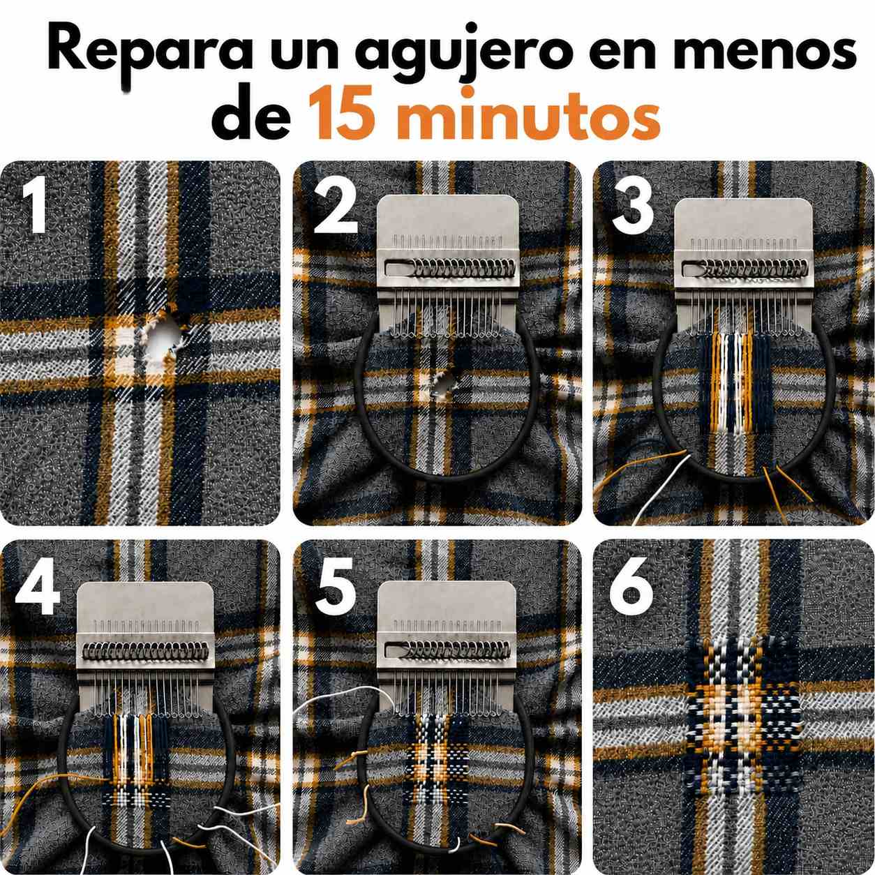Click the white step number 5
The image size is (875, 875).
336,585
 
